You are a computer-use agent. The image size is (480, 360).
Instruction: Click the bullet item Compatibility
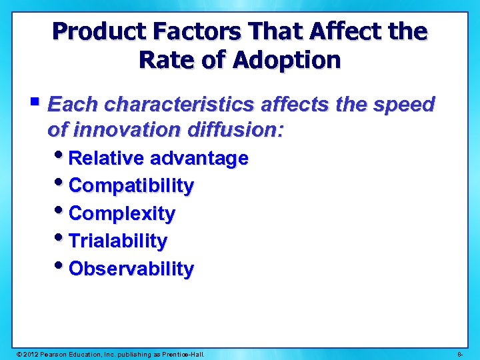(x=131, y=185)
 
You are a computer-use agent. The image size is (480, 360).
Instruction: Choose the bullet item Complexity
(x=122, y=213)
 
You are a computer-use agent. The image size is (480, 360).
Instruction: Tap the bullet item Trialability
(x=118, y=241)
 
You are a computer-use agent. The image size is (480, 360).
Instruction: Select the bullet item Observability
(x=131, y=269)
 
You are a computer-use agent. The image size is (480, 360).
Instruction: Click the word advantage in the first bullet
(x=199, y=158)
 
